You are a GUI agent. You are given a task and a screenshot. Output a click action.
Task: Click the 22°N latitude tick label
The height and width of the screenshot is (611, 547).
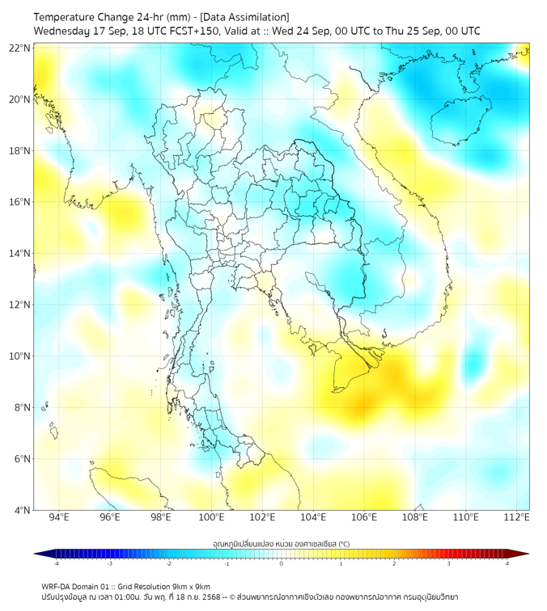click(x=20, y=48)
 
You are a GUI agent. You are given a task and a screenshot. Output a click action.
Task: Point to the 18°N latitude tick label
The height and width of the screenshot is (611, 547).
click(x=20, y=151)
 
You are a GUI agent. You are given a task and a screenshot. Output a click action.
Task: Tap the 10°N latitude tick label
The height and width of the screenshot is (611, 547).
click(x=20, y=356)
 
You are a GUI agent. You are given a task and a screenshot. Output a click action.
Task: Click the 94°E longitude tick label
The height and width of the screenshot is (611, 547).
click(x=59, y=517)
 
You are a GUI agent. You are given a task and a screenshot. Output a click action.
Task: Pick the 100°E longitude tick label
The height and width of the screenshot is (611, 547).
click(x=211, y=517)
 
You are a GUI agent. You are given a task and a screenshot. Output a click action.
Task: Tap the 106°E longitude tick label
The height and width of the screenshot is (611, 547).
click(x=364, y=517)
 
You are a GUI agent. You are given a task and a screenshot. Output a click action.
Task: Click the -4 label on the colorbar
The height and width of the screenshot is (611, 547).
click(x=56, y=563)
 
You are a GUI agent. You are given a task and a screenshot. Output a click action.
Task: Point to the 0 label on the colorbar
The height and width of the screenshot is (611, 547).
click(x=282, y=563)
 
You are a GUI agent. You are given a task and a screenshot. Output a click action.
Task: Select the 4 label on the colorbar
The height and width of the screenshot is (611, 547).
click(x=507, y=563)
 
